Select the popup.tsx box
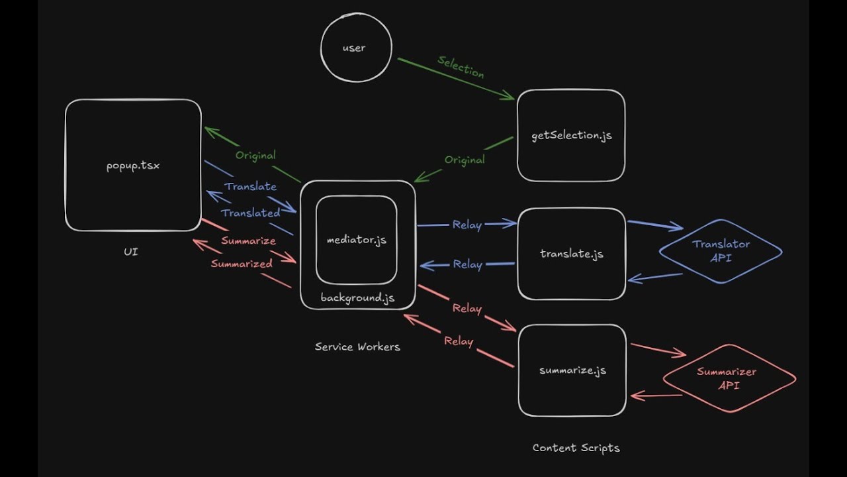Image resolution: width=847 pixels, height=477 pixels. [133, 165]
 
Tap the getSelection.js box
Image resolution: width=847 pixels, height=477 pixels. [571, 135]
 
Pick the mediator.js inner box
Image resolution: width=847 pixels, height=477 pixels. [357, 240]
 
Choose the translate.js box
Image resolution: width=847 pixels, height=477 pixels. [572, 254]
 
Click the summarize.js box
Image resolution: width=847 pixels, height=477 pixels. [572, 370]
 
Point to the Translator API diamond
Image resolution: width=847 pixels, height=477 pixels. [721, 251]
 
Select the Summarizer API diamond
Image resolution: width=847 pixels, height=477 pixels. [729, 378]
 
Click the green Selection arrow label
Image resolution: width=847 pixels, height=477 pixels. [461, 68]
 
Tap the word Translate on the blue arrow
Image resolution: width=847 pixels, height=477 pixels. [251, 187]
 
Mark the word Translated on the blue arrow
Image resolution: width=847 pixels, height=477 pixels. [251, 213]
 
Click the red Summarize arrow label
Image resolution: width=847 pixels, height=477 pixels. [248, 240]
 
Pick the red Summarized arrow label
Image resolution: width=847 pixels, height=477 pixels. [242, 264]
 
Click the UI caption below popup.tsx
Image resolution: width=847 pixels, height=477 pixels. [131, 252]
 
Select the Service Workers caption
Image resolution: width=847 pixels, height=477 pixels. [357, 346]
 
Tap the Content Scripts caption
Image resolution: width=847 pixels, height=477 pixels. [576, 448]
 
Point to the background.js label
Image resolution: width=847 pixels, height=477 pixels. [357, 298]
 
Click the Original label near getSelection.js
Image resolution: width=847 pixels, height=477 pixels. [465, 160]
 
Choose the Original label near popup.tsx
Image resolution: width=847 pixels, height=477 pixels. [255, 156]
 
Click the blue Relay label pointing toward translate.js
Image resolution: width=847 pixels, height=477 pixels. [467, 225]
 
